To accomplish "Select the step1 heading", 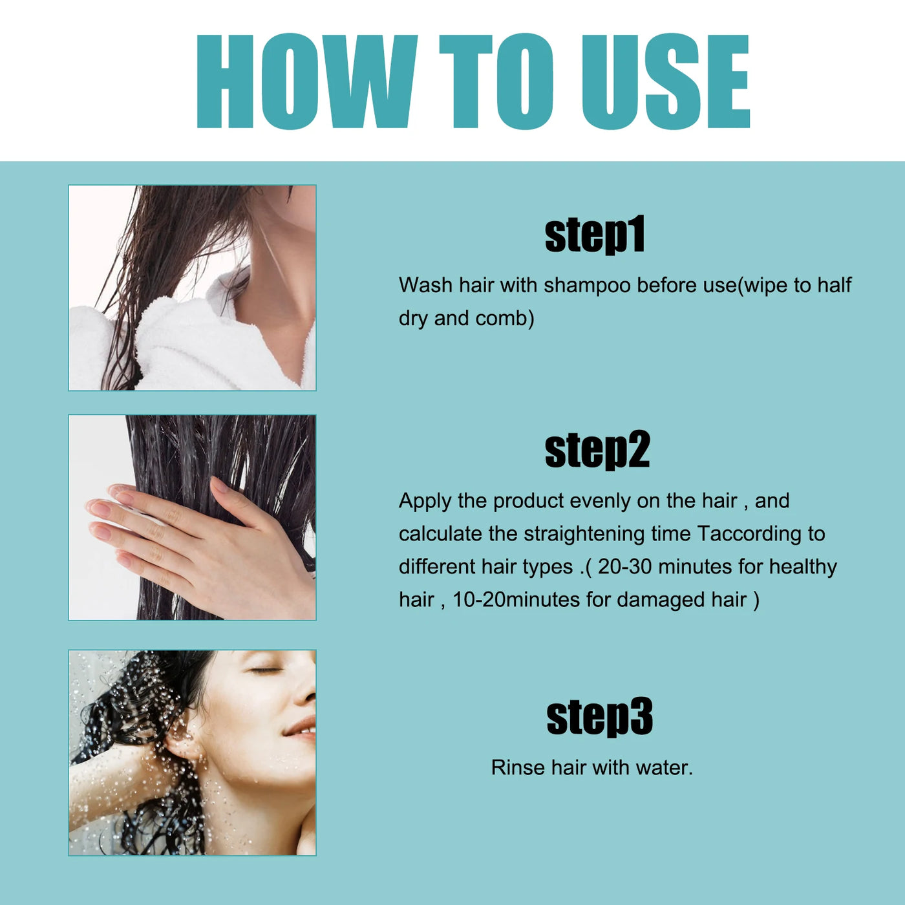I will pos(595,235).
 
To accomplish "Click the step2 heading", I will pos(597,450).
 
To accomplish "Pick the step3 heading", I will pos(599,717).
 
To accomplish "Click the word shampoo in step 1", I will pos(586,286).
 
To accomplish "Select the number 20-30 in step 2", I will pos(624,567).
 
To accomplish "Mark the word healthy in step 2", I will pos(803,567).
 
